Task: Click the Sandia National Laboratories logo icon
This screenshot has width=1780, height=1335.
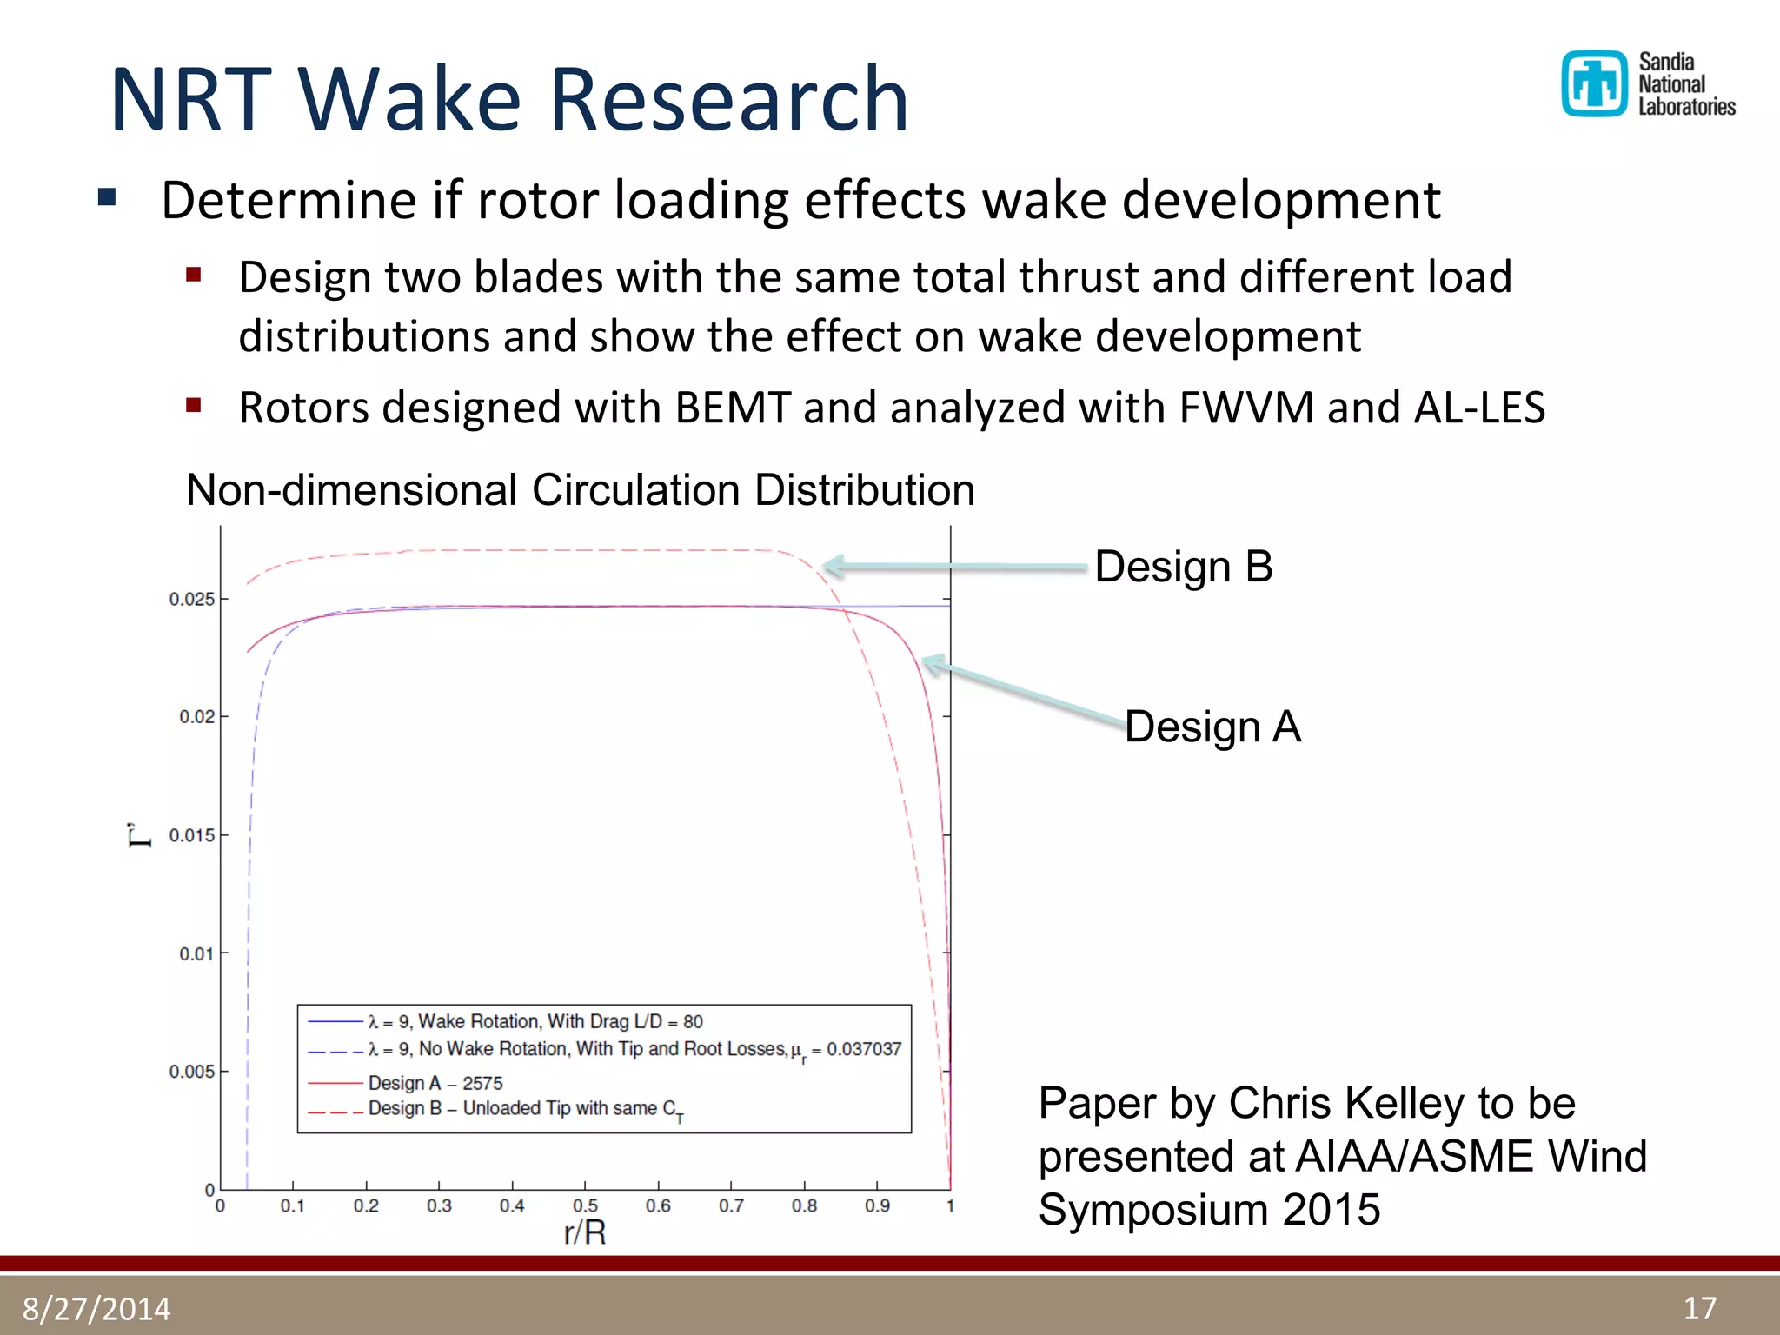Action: [1594, 83]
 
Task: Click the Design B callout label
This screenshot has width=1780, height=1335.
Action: [1183, 567]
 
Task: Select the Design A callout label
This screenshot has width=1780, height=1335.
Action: [1212, 727]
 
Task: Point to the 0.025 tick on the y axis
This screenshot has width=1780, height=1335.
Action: [191, 599]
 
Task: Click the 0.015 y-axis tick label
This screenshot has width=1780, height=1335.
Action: [191, 835]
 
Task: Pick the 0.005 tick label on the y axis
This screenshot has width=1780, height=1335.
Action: [191, 1072]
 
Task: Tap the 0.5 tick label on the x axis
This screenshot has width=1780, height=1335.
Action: [585, 1206]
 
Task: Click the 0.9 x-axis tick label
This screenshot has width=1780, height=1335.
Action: [877, 1206]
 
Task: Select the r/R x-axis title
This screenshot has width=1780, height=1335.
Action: [585, 1232]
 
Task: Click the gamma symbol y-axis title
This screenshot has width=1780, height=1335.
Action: [139, 835]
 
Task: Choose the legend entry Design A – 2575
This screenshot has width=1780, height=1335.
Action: [435, 1083]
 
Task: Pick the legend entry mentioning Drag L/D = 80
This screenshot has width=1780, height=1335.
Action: [535, 1021]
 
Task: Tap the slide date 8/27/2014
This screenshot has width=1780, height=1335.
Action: [96, 1309]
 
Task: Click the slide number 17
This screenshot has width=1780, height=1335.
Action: [1699, 1309]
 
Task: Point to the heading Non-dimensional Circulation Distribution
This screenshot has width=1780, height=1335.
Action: [580, 490]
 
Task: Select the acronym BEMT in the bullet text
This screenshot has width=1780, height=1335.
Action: [732, 408]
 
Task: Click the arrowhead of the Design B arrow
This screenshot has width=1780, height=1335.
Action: [830, 566]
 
